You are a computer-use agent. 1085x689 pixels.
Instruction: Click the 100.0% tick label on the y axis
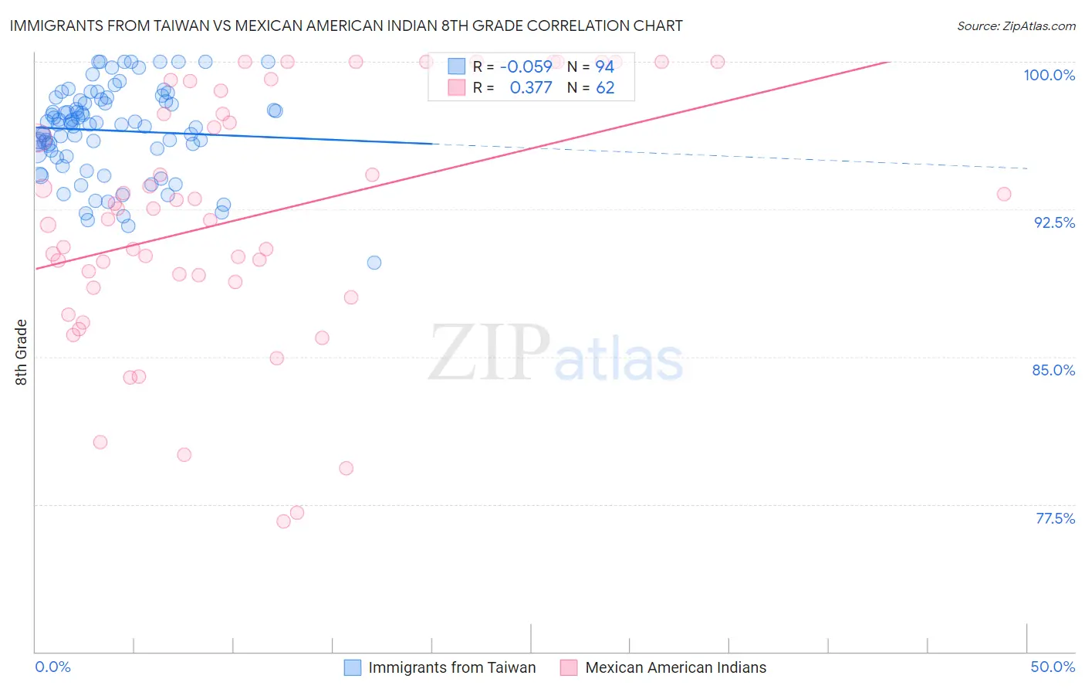point(1049,75)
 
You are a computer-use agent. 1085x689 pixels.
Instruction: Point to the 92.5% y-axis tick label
point(1054,222)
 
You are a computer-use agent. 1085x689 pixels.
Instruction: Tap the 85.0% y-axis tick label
point(1053,370)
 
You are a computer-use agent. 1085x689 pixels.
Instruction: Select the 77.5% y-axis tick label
point(1055,518)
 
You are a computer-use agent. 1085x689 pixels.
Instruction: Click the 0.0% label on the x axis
point(52,667)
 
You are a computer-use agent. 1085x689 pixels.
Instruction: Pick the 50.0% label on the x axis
point(1053,667)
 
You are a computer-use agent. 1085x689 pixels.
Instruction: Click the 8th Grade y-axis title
point(21,352)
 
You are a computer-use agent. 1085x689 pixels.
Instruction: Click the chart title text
point(346,25)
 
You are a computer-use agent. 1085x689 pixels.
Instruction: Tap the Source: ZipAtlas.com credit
point(1016,25)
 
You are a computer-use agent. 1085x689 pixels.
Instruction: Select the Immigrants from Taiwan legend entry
point(451,667)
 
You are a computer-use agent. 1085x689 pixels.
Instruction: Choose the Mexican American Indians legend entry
point(675,667)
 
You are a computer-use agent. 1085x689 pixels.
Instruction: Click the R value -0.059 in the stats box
point(526,66)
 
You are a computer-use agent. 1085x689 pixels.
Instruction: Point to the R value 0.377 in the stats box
point(531,87)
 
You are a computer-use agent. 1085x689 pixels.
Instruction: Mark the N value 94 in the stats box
point(604,66)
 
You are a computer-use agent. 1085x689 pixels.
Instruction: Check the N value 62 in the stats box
point(605,87)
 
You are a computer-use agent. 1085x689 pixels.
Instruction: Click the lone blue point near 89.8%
point(374,263)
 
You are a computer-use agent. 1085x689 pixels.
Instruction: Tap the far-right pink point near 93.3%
point(1003,194)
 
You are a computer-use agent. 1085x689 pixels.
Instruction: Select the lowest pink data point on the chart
point(283,521)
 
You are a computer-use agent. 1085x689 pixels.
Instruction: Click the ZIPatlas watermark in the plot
point(556,353)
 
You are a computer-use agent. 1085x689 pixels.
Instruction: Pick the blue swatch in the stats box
point(457,66)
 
